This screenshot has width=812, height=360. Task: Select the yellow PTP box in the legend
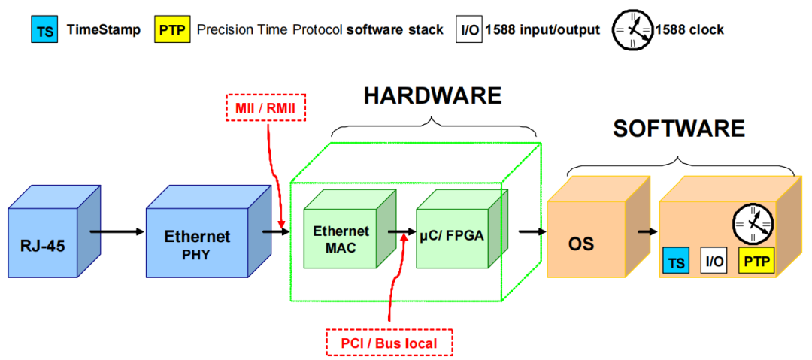click(170, 32)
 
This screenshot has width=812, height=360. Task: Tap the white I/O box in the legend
click(468, 32)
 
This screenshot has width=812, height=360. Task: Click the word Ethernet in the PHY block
click(197, 236)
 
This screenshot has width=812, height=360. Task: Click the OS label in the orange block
click(580, 244)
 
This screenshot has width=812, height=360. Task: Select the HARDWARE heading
click(432, 95)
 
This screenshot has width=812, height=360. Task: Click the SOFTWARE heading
click(678, 129)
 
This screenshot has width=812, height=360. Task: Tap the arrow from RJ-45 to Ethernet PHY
click(116, 231)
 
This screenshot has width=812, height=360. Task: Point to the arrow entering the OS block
click(532, 231)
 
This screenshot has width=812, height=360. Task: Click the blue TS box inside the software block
click(675, 262)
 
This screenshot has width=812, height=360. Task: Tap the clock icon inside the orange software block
click(753, 221)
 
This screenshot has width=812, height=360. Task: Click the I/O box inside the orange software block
click(713, 261)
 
